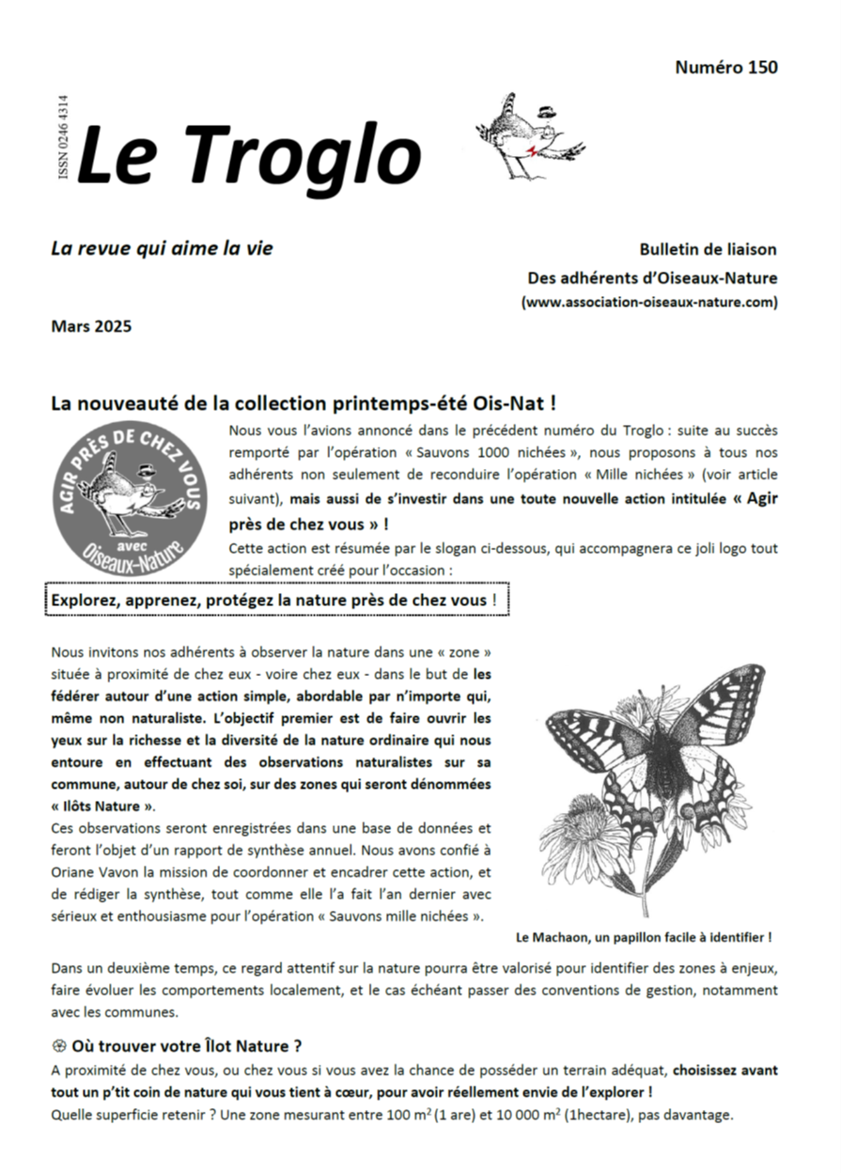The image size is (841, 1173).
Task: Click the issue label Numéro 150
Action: pyautogui.click(x=725, y=68)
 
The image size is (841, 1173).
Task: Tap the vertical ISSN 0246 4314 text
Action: pyautogui.click(x=64, y=139)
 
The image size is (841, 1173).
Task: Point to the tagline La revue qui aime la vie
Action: pyautogui.click(x=162, y=249)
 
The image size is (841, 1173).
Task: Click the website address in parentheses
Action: pyautogui.click(x=649, y=302)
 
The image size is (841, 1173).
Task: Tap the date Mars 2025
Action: pyautogui.click(x=91, y=327)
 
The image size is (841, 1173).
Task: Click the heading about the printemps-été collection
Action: pyautogui.click(x=304, y=404)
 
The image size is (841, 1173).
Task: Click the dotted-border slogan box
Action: pyautogui.click(x=276, y=600)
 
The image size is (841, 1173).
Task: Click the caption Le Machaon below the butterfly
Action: pyautogui.click(x=644, y=937)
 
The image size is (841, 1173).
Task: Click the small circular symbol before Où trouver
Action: pyautogui.click(x=59, y=1046)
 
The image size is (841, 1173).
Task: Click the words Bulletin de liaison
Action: pyautogui.click(x=708, y=250)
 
